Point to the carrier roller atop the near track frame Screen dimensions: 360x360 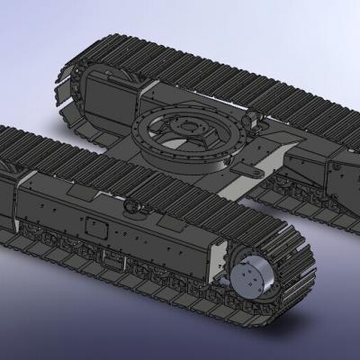134,206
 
